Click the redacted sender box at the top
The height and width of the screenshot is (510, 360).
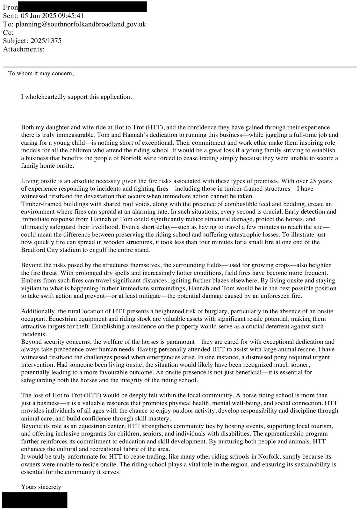click(83, 6)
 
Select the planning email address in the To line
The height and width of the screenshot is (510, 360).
click(81, 24)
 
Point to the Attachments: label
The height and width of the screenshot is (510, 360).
click(24, 49)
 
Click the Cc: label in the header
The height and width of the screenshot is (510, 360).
click(8, 33)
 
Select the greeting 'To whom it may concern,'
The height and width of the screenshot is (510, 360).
click(41, 74)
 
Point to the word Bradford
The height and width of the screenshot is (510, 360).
click(33, 250)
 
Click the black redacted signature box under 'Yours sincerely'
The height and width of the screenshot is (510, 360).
click(35, 500)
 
